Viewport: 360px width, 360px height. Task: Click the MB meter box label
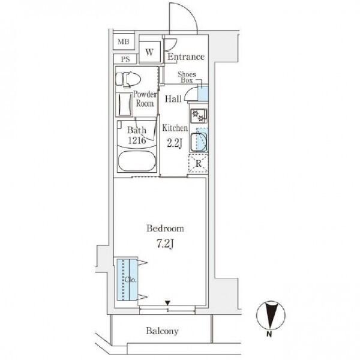point(124,42)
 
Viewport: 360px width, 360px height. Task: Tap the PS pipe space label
point(125,59)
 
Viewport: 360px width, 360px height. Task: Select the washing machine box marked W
point(149,52)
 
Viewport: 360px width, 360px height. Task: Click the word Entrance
point(186,57)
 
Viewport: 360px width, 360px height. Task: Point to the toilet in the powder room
point(128,79)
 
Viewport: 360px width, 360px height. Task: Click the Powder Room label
point(145,99)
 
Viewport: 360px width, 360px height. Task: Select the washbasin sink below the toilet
point(125,104)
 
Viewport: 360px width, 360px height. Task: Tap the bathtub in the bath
point(137,161)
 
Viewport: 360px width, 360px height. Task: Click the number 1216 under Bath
point(137,140)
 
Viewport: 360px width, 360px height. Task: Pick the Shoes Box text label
point(187,77)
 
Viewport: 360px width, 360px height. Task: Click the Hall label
point(173,99)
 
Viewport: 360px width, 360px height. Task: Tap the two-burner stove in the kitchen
point(199,116)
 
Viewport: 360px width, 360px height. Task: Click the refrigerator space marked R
point(199,164)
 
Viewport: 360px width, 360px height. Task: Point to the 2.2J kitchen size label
point(175,143)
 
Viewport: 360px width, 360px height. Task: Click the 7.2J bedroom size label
point(165,244)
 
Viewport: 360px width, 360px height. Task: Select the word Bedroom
point(165,229)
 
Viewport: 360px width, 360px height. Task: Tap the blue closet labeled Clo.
point(127,280)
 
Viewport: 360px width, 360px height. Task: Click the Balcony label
point(162,331)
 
